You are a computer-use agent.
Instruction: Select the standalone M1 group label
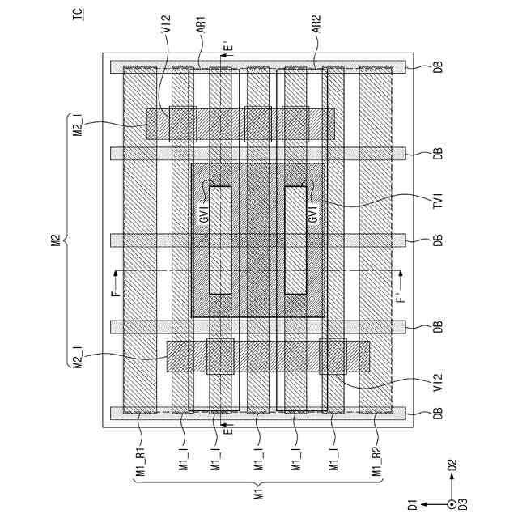(259, 493)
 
